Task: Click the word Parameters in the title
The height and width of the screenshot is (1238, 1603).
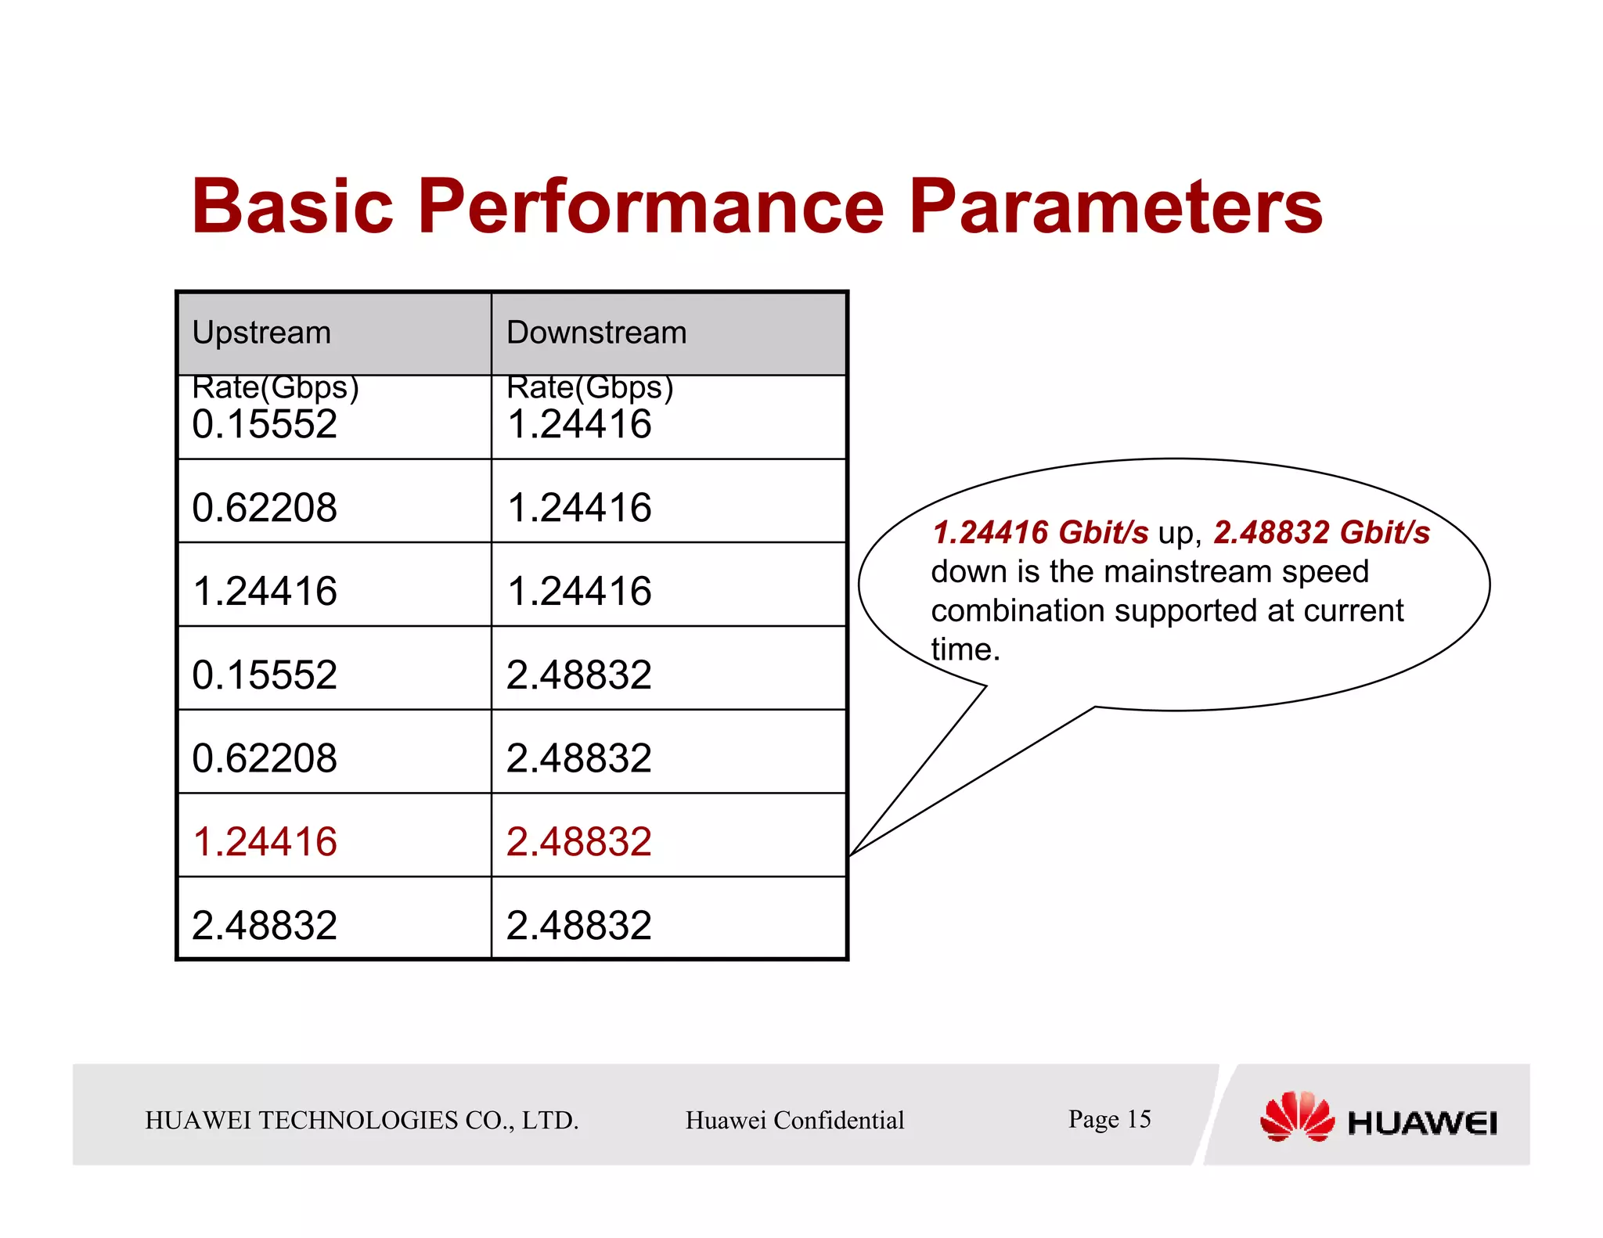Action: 1115,207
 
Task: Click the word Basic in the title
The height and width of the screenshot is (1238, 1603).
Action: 292,207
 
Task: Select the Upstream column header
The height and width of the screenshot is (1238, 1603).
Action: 261,333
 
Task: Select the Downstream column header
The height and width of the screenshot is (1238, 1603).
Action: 596,333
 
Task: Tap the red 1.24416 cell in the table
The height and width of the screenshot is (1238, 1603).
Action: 265,842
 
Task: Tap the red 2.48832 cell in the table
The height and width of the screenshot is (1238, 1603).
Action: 578,842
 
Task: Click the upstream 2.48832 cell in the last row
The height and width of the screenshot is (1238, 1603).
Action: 265,926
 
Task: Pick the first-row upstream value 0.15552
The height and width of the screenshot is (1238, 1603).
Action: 265,424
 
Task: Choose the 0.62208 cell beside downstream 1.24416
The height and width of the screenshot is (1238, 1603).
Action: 265,508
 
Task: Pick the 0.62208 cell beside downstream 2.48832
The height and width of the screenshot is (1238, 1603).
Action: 265,758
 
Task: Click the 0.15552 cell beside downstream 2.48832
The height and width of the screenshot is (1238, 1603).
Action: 265,675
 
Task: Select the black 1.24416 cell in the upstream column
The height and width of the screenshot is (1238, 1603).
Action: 265,591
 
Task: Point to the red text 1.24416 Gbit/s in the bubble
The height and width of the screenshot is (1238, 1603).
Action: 1040,533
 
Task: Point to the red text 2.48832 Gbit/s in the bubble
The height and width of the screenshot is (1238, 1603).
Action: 1321,533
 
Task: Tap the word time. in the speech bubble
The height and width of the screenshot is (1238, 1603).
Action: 965,650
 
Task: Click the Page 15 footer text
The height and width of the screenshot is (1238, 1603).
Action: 1109,1119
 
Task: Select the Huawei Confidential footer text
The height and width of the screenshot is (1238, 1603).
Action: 794,1121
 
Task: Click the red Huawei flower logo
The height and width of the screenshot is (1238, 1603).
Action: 1296,1117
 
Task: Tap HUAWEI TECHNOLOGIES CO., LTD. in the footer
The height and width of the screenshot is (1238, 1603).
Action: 362,1121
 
